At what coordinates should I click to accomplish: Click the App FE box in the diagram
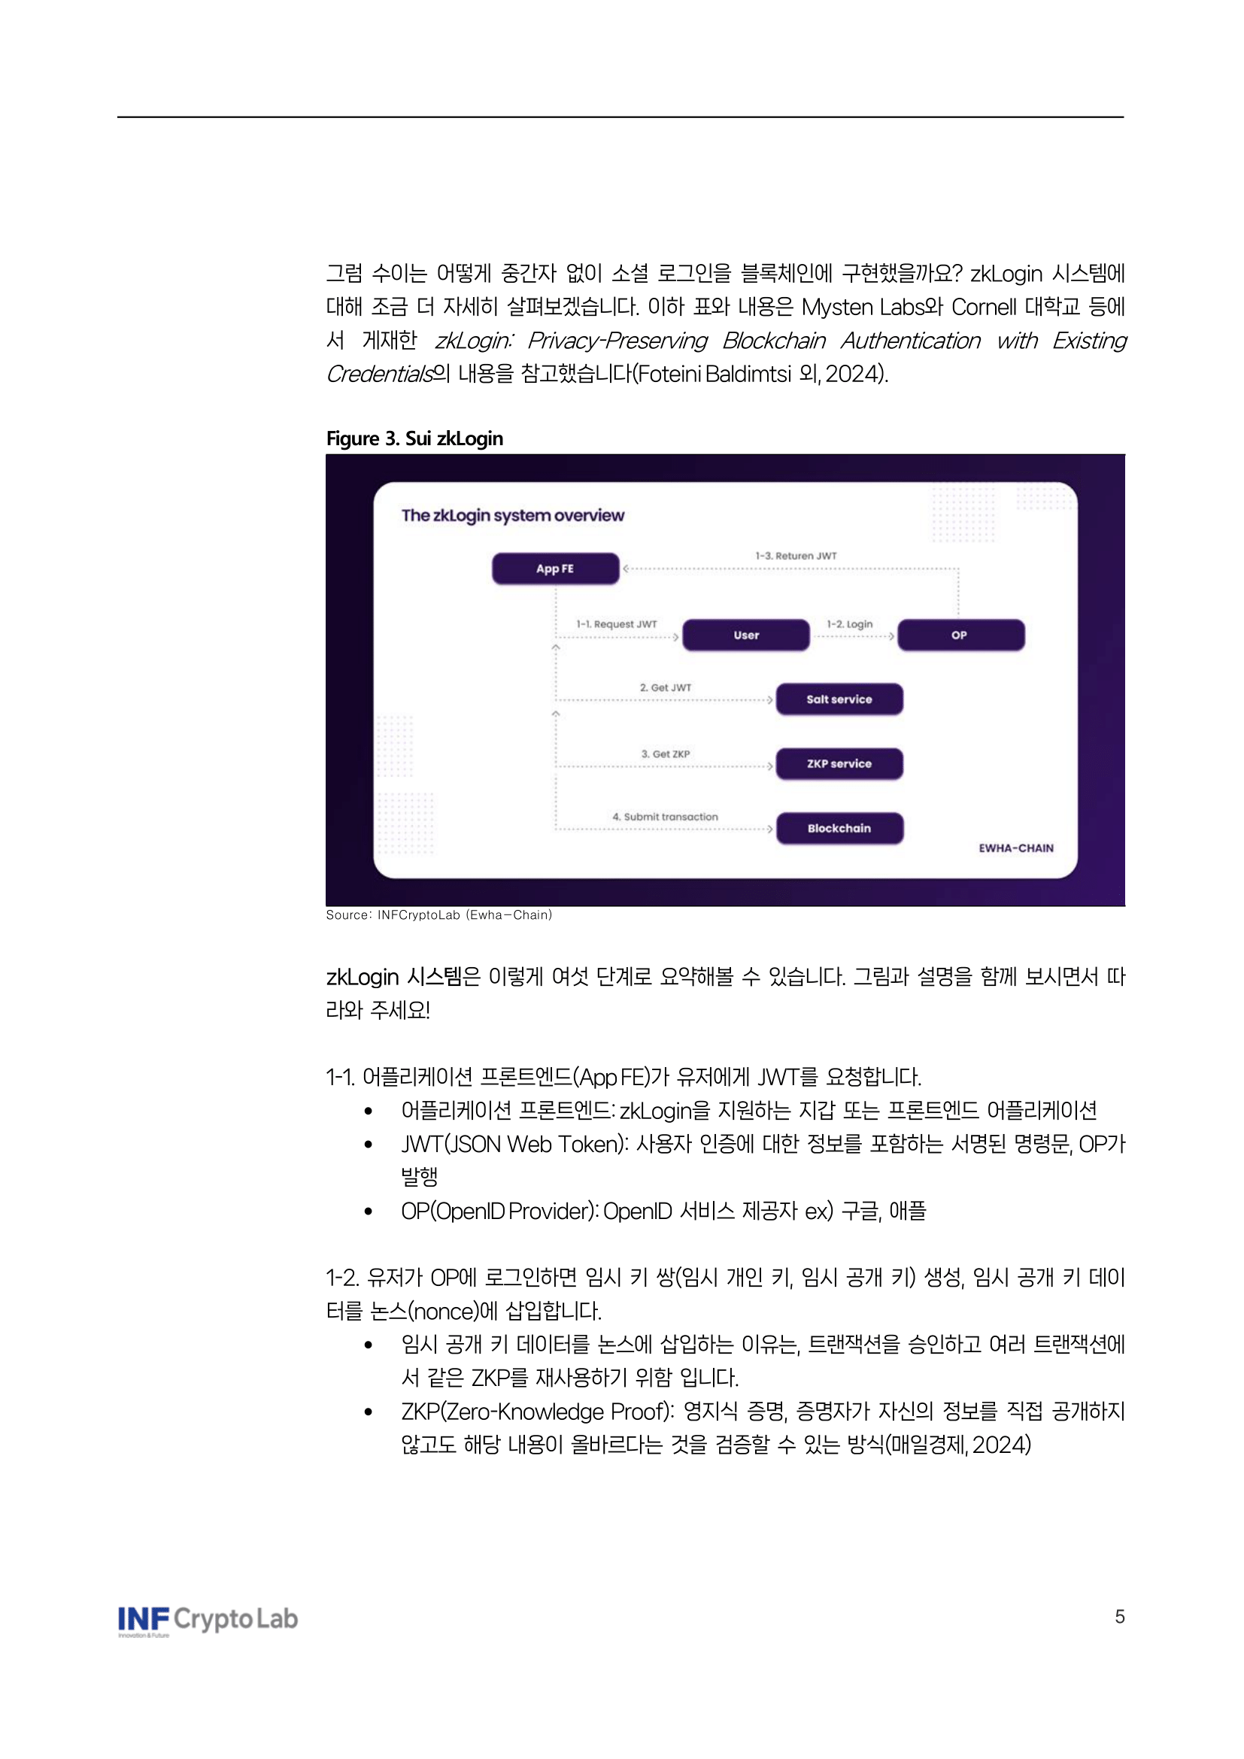[554, 569]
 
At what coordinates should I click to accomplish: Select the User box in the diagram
[745, 635]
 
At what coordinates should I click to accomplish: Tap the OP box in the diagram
[960, 635]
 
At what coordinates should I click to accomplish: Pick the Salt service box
[839, 699]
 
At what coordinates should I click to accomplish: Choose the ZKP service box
[839, 764]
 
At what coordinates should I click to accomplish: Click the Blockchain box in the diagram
[839, 828]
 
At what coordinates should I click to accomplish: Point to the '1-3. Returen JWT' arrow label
[796, 557]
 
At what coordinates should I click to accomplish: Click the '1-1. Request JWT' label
[617, 624]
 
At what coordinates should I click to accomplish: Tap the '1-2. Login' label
[849, 624]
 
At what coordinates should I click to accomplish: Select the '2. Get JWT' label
[666, 688]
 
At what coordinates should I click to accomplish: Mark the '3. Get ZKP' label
[666, 754]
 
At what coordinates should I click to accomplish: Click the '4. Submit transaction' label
[666, 817]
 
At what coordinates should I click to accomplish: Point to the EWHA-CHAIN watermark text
[1015, 848]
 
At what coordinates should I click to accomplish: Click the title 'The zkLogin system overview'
[512, 516]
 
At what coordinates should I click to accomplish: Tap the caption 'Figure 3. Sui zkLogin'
[414, 439]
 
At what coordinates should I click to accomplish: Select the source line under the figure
[439, 914]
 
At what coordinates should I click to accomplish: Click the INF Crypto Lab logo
[208, 1619]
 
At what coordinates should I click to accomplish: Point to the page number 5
[1119, 1617]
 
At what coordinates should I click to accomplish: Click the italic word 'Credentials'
[379, 374]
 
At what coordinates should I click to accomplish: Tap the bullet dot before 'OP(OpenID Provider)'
[369, 1212]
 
